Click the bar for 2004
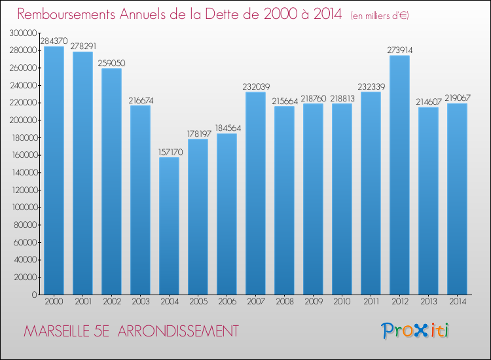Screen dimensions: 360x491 169,226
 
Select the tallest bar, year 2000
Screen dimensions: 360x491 54,170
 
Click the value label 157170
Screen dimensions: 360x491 169,152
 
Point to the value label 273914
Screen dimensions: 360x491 399,50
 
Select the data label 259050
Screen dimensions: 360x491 111,63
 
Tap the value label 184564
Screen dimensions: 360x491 227,128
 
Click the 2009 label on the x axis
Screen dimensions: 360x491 313,302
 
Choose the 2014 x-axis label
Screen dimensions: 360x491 457,302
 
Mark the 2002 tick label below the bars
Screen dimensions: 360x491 111,302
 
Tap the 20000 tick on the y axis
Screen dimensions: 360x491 26,277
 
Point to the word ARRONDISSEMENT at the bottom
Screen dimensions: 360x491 187,331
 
